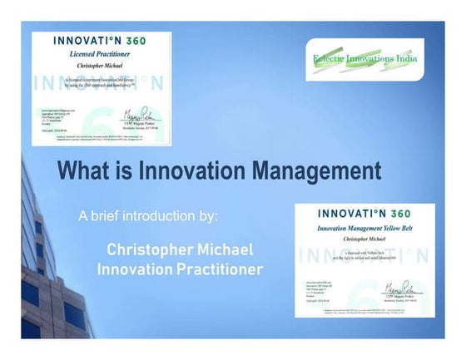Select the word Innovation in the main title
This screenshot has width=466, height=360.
[192, 172]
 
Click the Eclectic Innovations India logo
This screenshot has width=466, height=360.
[366, 58]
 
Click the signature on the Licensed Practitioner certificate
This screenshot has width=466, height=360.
[140, 112]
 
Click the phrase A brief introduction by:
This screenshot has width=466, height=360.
[148, 216]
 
